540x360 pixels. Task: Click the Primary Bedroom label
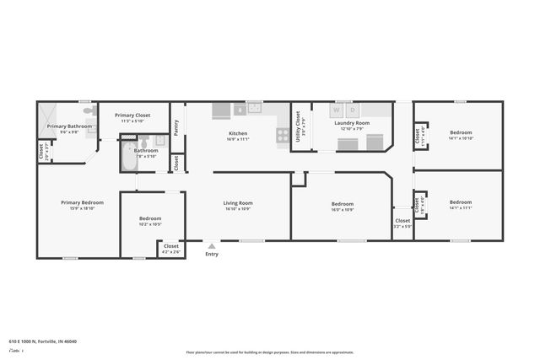click(x=82, y=202)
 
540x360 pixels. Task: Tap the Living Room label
click(x=238, y=203)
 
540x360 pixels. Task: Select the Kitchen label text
click(x=238, y=133)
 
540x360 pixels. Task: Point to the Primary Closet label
click(x=132, y=116)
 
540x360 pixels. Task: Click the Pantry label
click(x=176, y=127)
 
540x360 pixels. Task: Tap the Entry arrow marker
click(x=211, y=245)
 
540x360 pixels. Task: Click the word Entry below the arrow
click(x=211, y=254)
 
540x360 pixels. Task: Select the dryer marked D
click(x=352, y=110)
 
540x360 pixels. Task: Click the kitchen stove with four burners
click(x=283, y=134)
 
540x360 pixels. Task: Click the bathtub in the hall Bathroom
click(x=127, y=156)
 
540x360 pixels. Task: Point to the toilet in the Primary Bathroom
click(x=88, y=110)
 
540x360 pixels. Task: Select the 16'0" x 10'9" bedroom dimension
click(x=342, y=208)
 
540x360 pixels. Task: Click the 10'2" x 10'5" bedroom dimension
click(x=149, y=223)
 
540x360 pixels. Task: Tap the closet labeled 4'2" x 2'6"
click(x=171, y=249)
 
